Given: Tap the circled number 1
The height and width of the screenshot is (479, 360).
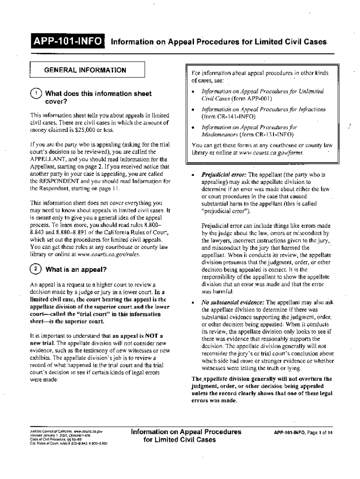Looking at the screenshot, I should [36, 93].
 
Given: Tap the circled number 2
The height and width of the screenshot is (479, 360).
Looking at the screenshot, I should [36, 269].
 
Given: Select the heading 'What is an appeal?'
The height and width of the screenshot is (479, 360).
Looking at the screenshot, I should [77, 270].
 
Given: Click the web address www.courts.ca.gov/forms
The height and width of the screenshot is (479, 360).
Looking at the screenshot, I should [276, 153].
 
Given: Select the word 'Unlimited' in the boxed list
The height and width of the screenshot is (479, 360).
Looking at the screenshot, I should [307, 91].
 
